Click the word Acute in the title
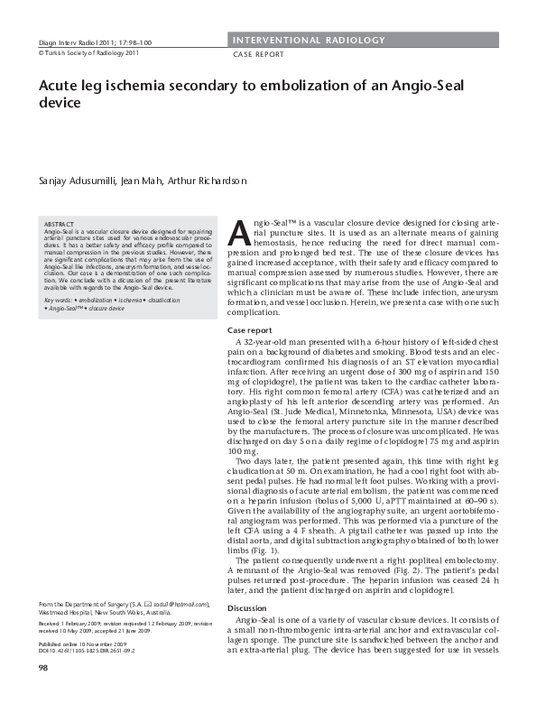pyautogui.click(x=60, y=86)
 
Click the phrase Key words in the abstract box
pyautogui.click(x=59, y=299)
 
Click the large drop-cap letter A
pyautogui.click(x=239, y=234)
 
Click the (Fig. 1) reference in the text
pyautogui.click(x=263, y=550)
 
